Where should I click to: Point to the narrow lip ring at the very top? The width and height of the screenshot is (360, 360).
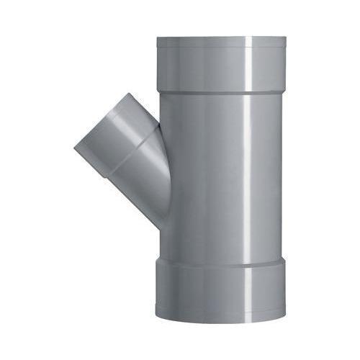[x=220, y=42]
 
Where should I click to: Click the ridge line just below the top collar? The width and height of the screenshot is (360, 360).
[x=220, y=92]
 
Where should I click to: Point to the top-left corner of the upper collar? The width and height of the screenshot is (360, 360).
[x=158, y=39]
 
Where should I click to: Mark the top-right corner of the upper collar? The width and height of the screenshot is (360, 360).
[x=285, y=39]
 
